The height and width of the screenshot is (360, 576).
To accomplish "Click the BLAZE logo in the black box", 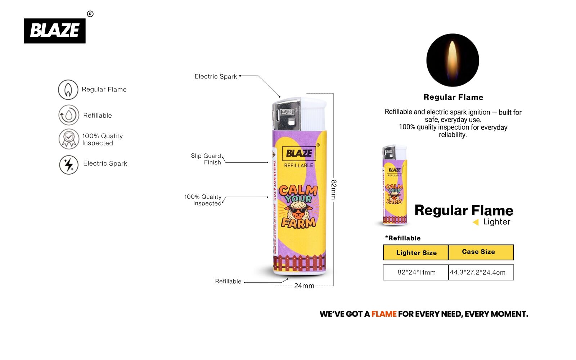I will click(x=55, y=31).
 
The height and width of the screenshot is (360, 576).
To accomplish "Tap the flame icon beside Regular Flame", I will click(x=68, y=90).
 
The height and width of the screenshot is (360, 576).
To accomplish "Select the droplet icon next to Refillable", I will click(x=68, y=115).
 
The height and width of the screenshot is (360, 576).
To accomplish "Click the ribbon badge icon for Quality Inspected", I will click(x=69, y=139).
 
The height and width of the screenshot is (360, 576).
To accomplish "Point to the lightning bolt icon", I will click(x=69, y=165).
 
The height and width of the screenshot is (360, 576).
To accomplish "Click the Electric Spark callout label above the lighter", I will click(x=216, y=76).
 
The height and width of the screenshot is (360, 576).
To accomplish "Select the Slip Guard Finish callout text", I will click(x=206, y=159).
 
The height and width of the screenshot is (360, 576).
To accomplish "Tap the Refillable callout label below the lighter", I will click(x=228, y=281).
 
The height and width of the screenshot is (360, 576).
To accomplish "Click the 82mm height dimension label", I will click(x=334, y=190).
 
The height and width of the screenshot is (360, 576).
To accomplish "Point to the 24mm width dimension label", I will click(x=304, y=286).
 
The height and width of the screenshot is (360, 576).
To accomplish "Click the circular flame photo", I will click(x=453, y=60).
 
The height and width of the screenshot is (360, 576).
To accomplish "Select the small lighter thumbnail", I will click(x=394, y=185).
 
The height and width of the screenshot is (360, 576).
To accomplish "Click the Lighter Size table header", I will click(x=416, y=252).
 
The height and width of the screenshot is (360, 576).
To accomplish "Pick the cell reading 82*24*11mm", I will click(x=416, y=272).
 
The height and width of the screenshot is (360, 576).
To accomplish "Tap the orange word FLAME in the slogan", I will click(x=384, y=314).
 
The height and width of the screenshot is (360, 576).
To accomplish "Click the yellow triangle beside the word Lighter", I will click(x=476, y=222).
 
